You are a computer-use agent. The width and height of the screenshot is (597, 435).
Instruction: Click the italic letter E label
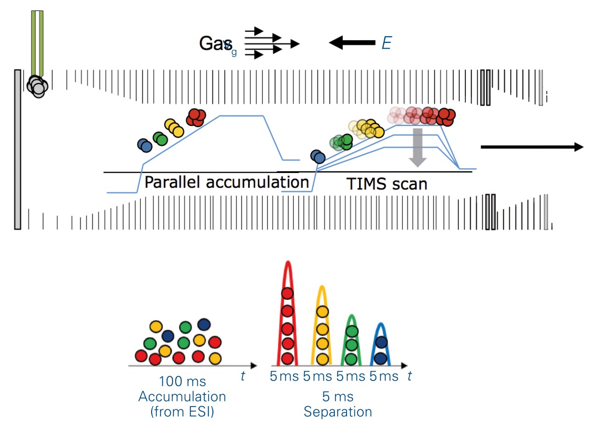[x=386, y=43]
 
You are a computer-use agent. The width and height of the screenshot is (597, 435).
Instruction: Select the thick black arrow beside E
[x=352, y=43]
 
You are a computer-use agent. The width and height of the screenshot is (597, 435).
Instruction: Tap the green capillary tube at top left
[x=37, y=42]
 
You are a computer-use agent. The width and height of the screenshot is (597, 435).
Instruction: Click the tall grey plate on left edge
[x=18, y=149]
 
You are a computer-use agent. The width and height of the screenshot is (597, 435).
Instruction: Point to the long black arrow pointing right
[x=532, y=147]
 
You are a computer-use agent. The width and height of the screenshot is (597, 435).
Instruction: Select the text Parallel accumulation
[x=226, y=182]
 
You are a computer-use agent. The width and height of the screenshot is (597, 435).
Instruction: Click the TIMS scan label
[x=387, y=184]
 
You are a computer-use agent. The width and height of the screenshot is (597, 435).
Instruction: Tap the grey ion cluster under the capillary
[x=37, y=86]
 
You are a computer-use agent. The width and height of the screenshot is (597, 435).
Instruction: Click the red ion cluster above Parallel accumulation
[x=196, y=117]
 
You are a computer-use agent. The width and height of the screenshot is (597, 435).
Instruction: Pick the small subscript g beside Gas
[x=234, y=52]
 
